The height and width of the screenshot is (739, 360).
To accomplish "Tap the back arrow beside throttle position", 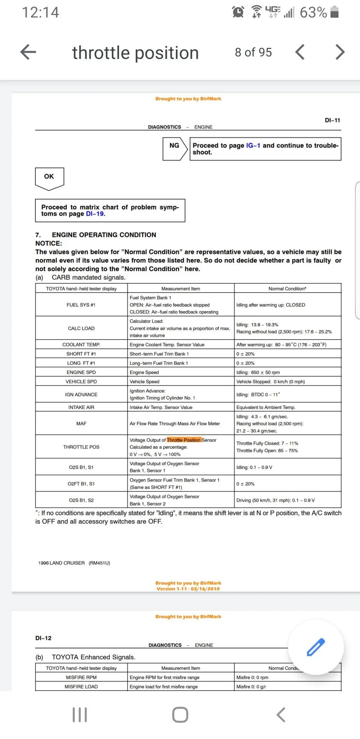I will (x=28, y=52).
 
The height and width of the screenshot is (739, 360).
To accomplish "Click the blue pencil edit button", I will (x=316, y=647).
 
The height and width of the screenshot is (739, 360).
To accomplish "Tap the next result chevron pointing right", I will (x=339, y=52).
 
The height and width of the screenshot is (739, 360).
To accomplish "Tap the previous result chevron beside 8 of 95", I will (x=300, y=52).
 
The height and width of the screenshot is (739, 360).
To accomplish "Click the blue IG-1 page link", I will (x=253, y=145).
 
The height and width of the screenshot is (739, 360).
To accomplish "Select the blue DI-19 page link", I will (x=95, y=214).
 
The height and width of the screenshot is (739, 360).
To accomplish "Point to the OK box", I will (x=49, y=177).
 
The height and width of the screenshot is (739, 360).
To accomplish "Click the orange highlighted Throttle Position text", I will (x=184, y=440).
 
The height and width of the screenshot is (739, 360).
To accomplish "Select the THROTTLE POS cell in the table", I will (x=81, y=447).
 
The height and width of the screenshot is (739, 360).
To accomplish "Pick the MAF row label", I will (x=81, y=423).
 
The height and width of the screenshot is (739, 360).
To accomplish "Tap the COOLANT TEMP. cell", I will (x=81, y=344).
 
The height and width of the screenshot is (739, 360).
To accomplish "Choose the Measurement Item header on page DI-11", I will (x=181, y=289).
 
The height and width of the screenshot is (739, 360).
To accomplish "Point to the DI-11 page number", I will (x=332, y=120).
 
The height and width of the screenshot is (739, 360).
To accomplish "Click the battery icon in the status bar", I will (x=335, y=12).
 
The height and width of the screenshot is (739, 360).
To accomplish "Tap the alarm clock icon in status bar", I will (x=238, y=12).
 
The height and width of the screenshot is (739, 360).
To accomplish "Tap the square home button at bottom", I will (x=180, y=715).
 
